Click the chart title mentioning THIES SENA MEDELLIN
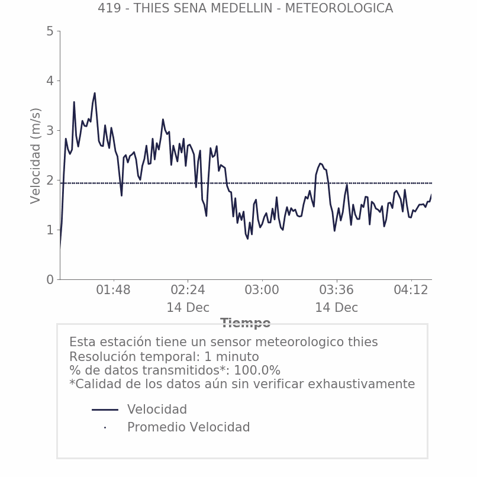[245, 8]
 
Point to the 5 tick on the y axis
[50, 31]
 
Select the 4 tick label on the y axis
[50, 81]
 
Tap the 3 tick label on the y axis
[50, 131]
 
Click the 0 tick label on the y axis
[50, 280]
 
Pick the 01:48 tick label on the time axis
[113, 291]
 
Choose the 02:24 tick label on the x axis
[188, 291]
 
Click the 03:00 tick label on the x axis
[262, 291]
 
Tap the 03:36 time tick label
[336, 291]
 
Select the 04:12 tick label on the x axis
[411, 291]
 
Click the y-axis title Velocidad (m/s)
[36, 156]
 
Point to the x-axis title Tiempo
[246, 323]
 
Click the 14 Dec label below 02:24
[188, 308]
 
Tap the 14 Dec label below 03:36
[336, 308]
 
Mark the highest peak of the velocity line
[95, 93]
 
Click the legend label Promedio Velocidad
[188, 427]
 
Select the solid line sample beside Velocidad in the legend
[105, 410]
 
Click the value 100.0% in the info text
[257, 370]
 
